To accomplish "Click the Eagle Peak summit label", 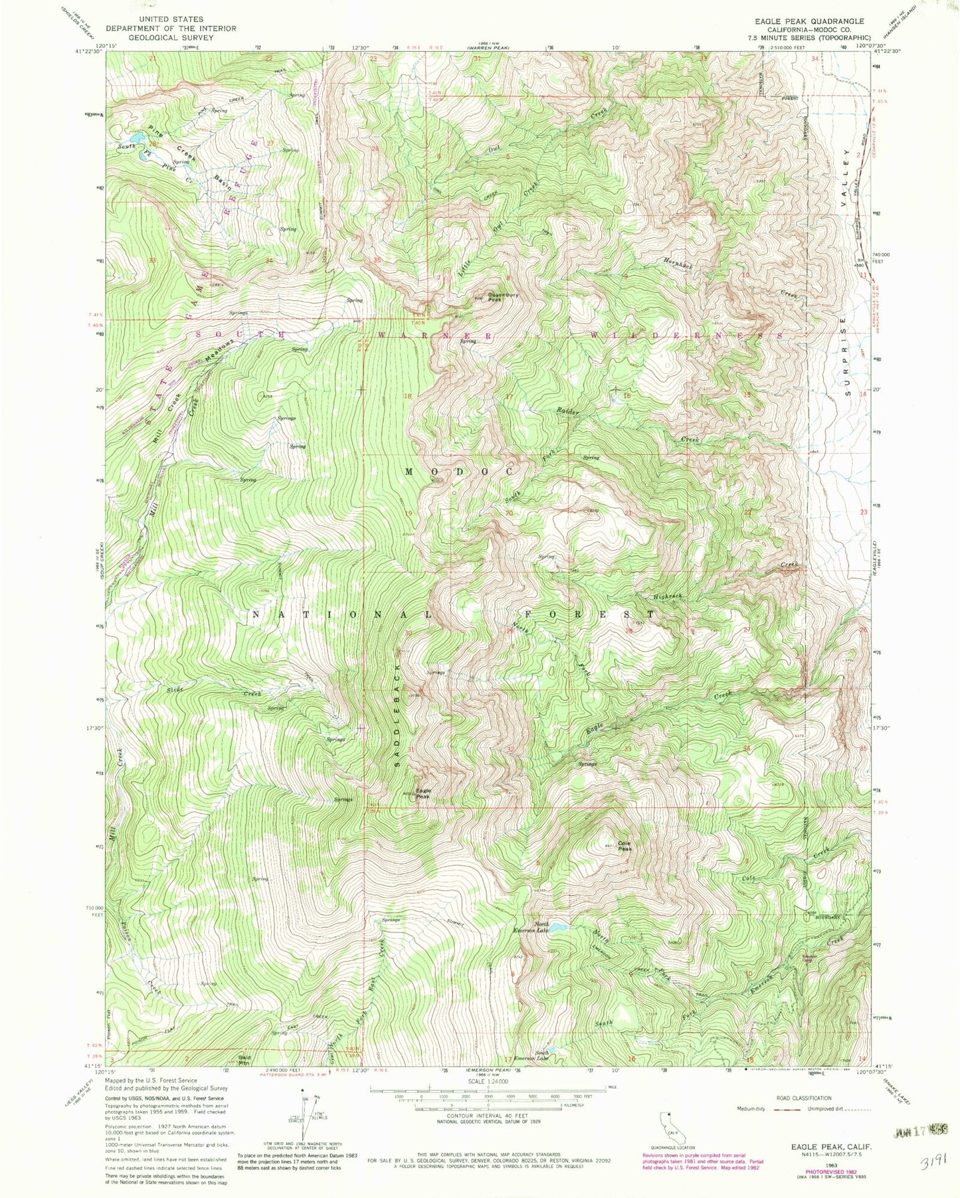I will click(423, 793).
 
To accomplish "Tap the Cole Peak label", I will click(624, 846).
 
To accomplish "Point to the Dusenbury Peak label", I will click(503, 297).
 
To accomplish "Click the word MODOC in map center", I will click(458, 471).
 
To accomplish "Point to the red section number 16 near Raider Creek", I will click(626, 396).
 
